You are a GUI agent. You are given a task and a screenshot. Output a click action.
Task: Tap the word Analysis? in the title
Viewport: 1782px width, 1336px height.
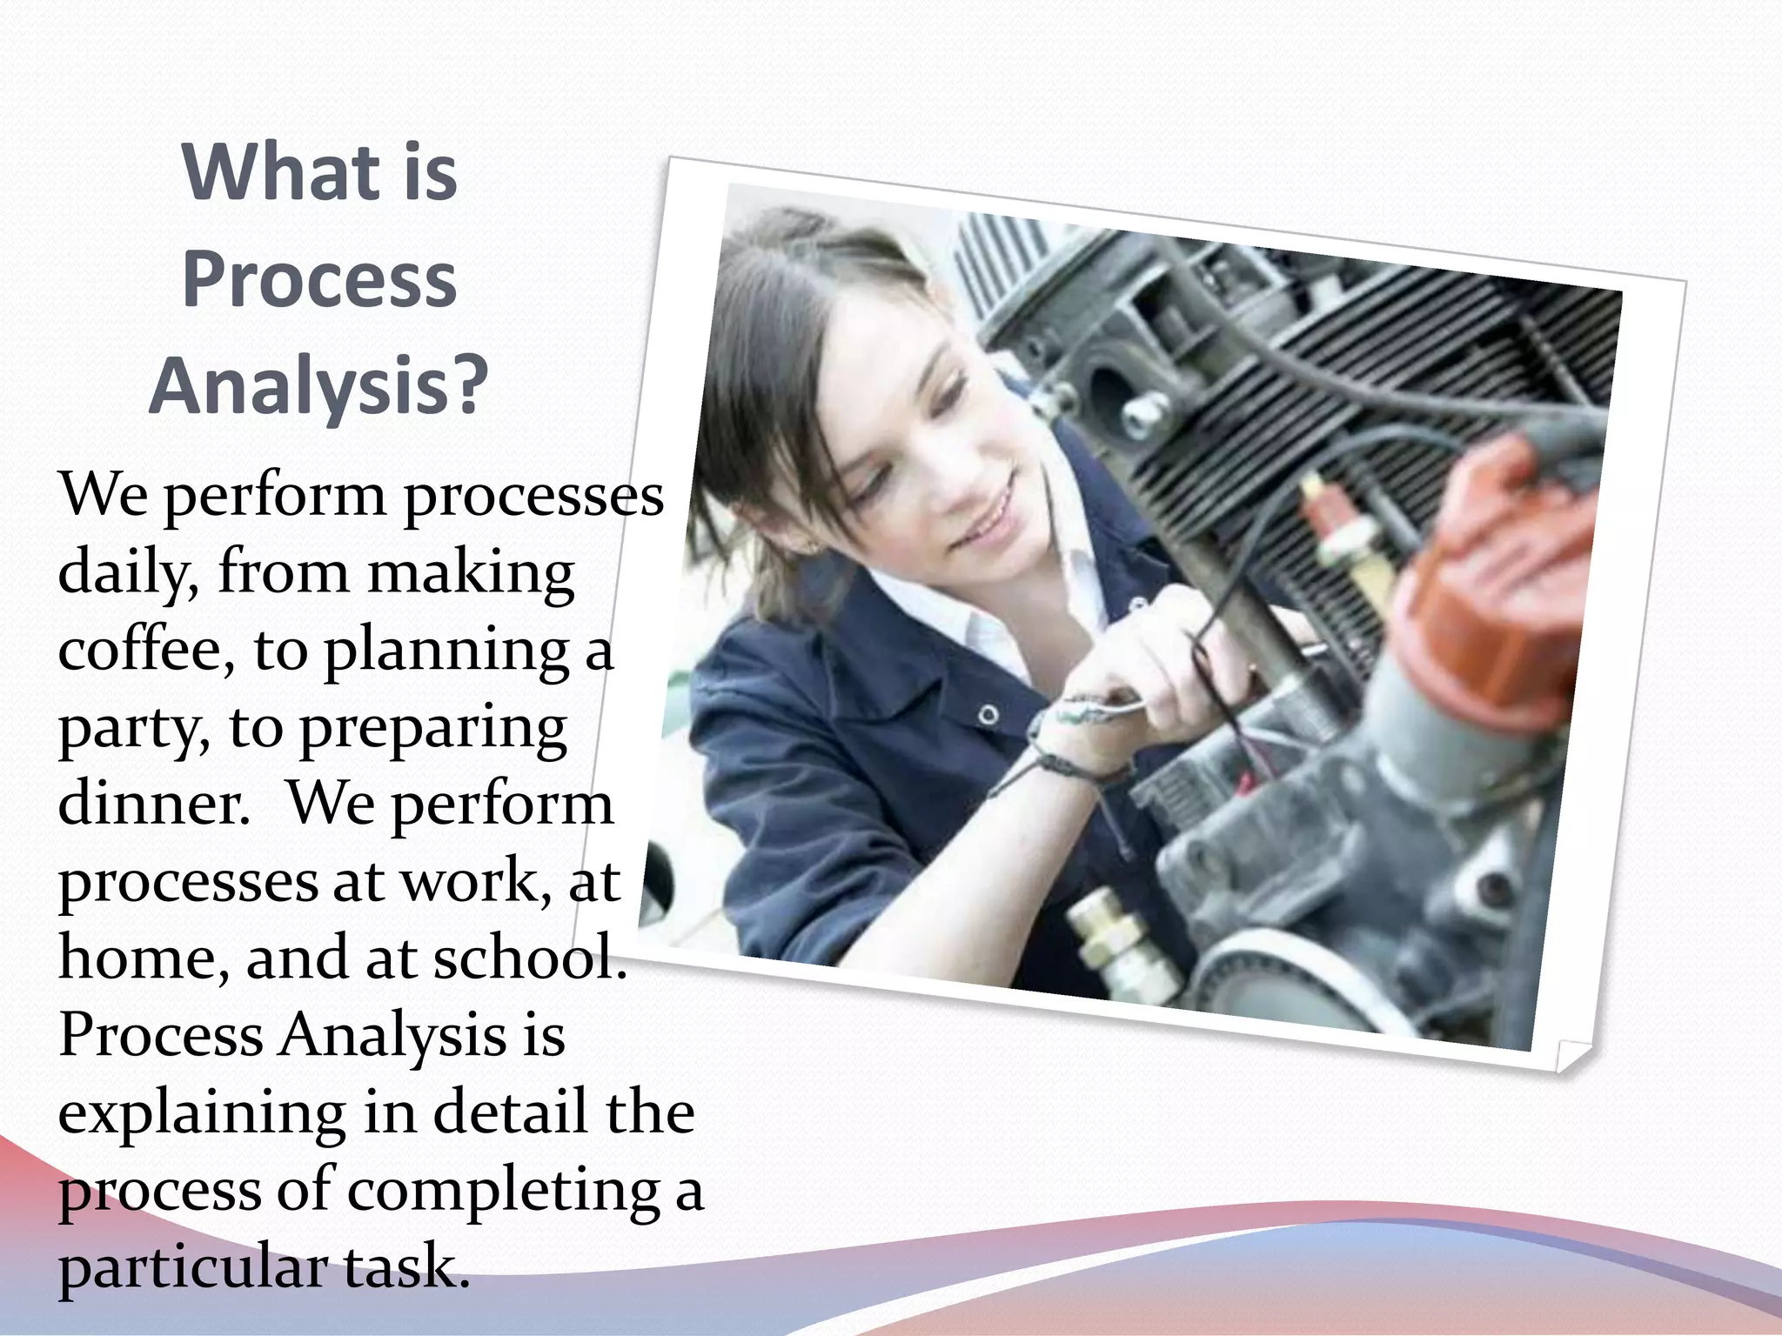point(318,387)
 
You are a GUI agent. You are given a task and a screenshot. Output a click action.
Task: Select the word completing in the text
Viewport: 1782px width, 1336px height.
point(504,1192)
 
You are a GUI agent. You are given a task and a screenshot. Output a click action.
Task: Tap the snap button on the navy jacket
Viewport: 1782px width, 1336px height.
point(988,715)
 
